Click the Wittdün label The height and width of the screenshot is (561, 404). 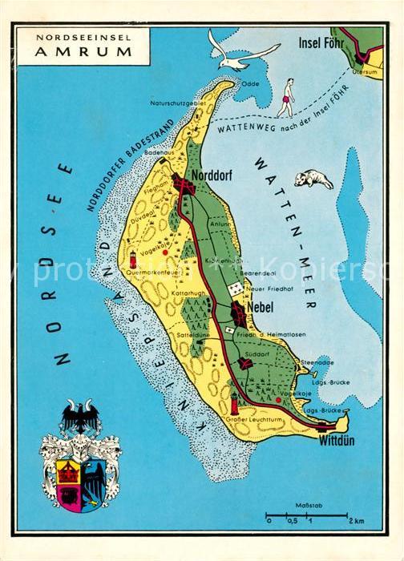337,441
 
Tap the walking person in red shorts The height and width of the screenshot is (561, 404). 285,97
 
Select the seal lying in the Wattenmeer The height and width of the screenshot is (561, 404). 313,179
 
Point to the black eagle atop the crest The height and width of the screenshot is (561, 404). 80,417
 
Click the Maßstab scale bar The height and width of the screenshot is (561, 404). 307,514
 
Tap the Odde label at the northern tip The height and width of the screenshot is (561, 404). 250,83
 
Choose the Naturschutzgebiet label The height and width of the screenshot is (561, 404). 177,103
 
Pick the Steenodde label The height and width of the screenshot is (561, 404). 317,363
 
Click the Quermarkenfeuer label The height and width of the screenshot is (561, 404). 156,272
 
